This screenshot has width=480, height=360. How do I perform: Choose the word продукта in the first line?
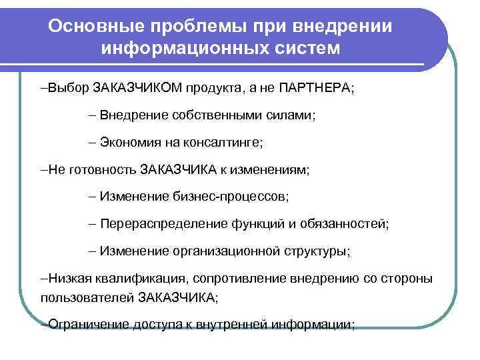point(215,88)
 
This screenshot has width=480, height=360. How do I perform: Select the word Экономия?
point(131,142)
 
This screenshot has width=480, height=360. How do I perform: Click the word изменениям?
point(271,169)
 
